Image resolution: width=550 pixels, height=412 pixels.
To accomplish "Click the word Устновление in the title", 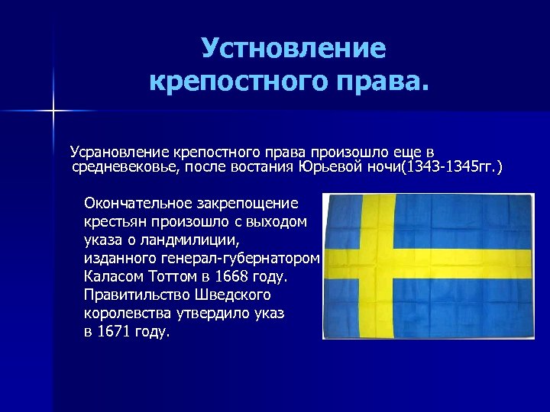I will tap(294, 49).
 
